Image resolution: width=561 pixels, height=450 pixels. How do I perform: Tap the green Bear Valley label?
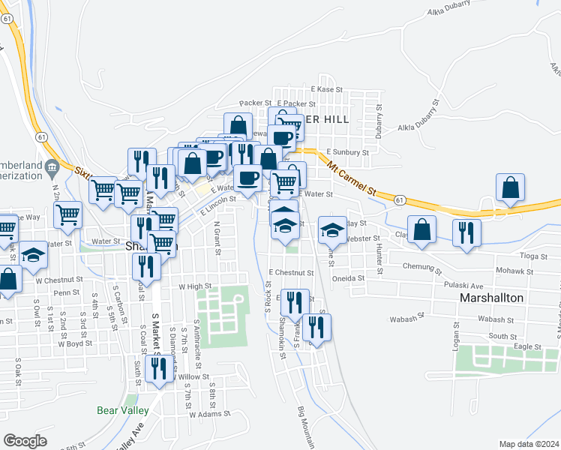pyautogui.click(x=123, y=410)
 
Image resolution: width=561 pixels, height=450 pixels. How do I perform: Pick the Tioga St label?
pyautogui.click(x=533, y=256)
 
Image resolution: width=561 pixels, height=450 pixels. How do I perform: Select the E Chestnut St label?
pyautogui.click(x=291, y=272)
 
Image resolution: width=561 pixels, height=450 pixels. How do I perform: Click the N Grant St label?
pyautogui.click(x=217, y=238)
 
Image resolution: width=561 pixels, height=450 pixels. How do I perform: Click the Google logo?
pyautogui.click(x=25, y=441)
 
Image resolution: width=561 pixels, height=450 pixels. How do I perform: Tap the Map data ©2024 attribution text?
pyautogui.click(x=529, y=444)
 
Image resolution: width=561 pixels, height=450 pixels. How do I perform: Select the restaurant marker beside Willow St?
pyautogui.click(x=158, y=369)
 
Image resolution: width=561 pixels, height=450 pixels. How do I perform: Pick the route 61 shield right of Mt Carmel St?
pyautogui.click(x=401, y=199)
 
